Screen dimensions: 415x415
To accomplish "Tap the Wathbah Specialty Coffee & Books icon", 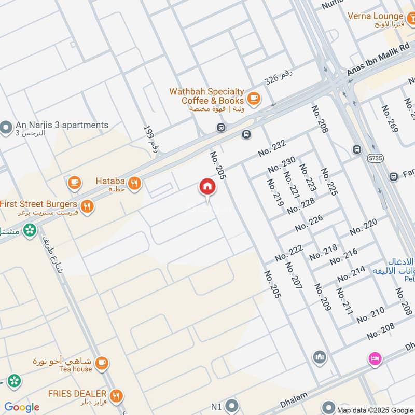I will point(254,98).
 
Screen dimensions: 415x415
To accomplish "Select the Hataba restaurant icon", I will point(134,182).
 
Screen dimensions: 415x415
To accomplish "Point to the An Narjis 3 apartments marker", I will point(6,127).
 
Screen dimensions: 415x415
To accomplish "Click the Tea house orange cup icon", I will point(102,363).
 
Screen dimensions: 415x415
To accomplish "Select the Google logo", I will point(22,407).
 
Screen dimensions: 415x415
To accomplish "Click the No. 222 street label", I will point(289,253).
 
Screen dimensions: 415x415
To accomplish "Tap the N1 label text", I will point(216,406).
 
